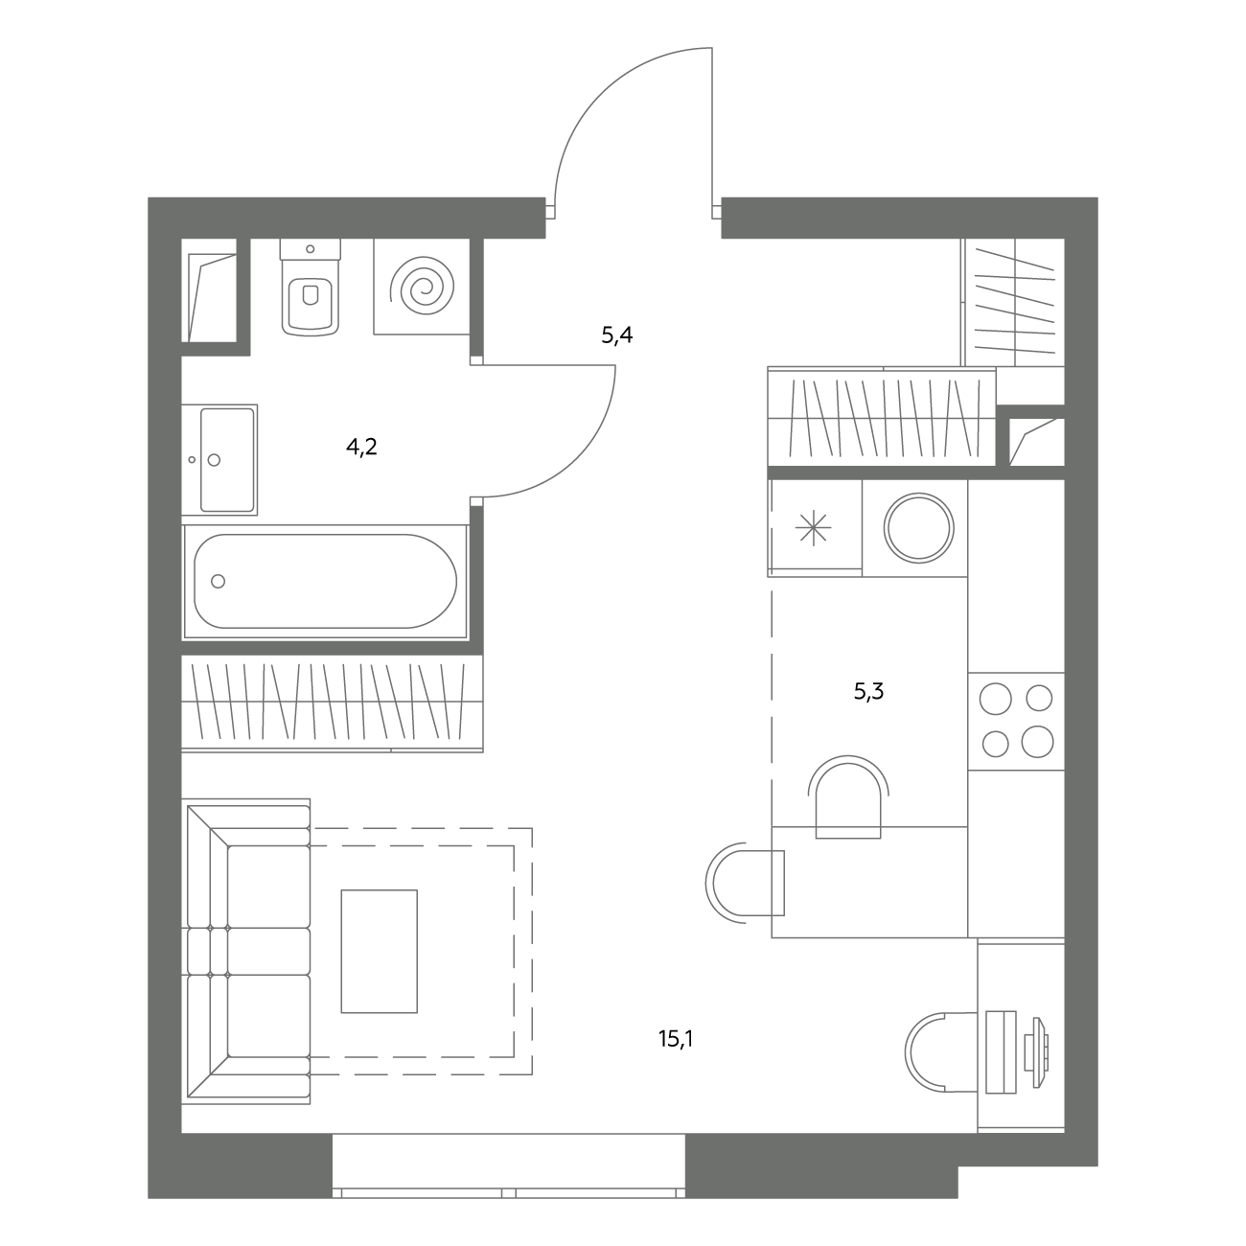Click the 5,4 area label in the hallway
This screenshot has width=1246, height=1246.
(617, 335)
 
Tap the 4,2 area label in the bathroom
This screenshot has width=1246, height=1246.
(361, 446)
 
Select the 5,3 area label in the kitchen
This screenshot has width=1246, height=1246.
(868, 692)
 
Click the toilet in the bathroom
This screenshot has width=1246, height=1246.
(311, 288)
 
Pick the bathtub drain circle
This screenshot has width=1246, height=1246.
(219, 581)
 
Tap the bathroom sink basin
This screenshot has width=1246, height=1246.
(227, 460)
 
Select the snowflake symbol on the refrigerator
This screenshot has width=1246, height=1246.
(813, 528)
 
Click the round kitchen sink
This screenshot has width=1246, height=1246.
(919, 528)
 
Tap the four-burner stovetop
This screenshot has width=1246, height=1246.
(1016, 721)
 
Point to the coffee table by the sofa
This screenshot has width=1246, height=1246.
(380, 951)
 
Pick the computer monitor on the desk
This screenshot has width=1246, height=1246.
(1036, 1052)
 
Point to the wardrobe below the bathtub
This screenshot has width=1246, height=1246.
(333, 704)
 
